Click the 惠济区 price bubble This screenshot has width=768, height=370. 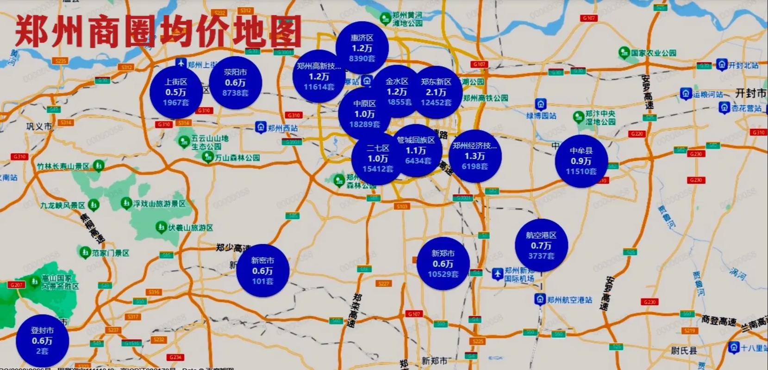[x=362, y=48]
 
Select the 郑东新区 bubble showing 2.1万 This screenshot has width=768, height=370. [x=436, y=92]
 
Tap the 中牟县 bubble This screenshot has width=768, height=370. [x=581, y=161]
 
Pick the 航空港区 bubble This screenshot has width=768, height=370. [x=541, y=245]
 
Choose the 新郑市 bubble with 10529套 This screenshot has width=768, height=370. [x=443, y=264]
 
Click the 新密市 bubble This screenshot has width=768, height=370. [x=262, y=271]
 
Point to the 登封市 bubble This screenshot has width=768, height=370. [x=42, y=341]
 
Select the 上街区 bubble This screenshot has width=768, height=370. [x=175, y=92]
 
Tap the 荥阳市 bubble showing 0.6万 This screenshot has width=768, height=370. [x=235, y=82]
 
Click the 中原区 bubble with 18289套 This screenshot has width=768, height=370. [x=365, y=114]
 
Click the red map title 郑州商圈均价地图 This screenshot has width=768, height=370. [x=157, y=31]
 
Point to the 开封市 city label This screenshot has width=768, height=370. [x=750, y=93]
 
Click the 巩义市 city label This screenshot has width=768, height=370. [x=39, y=126]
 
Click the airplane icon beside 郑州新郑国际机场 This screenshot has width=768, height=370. [x=497, y=274]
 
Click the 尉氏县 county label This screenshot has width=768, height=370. [x=684, y=351]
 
